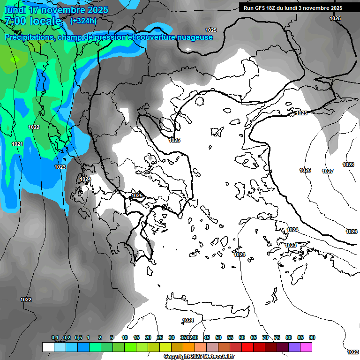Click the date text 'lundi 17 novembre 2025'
(56, 10)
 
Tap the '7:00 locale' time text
(33, 21)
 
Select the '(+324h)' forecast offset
(83, 21)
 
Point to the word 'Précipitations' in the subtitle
(28, 37)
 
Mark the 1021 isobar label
(17, 144)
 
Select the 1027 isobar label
(328, 171)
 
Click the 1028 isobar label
(348, 165)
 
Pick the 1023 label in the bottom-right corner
(352, 352)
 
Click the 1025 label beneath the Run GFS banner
(335, 18)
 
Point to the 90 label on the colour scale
(312, 337)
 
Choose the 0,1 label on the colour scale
(55, 337)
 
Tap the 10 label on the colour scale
(125, 337)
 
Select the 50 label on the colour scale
(218, 337)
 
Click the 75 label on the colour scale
(277, 337)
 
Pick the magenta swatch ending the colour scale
(306, 347)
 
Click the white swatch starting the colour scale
(48, 347)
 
